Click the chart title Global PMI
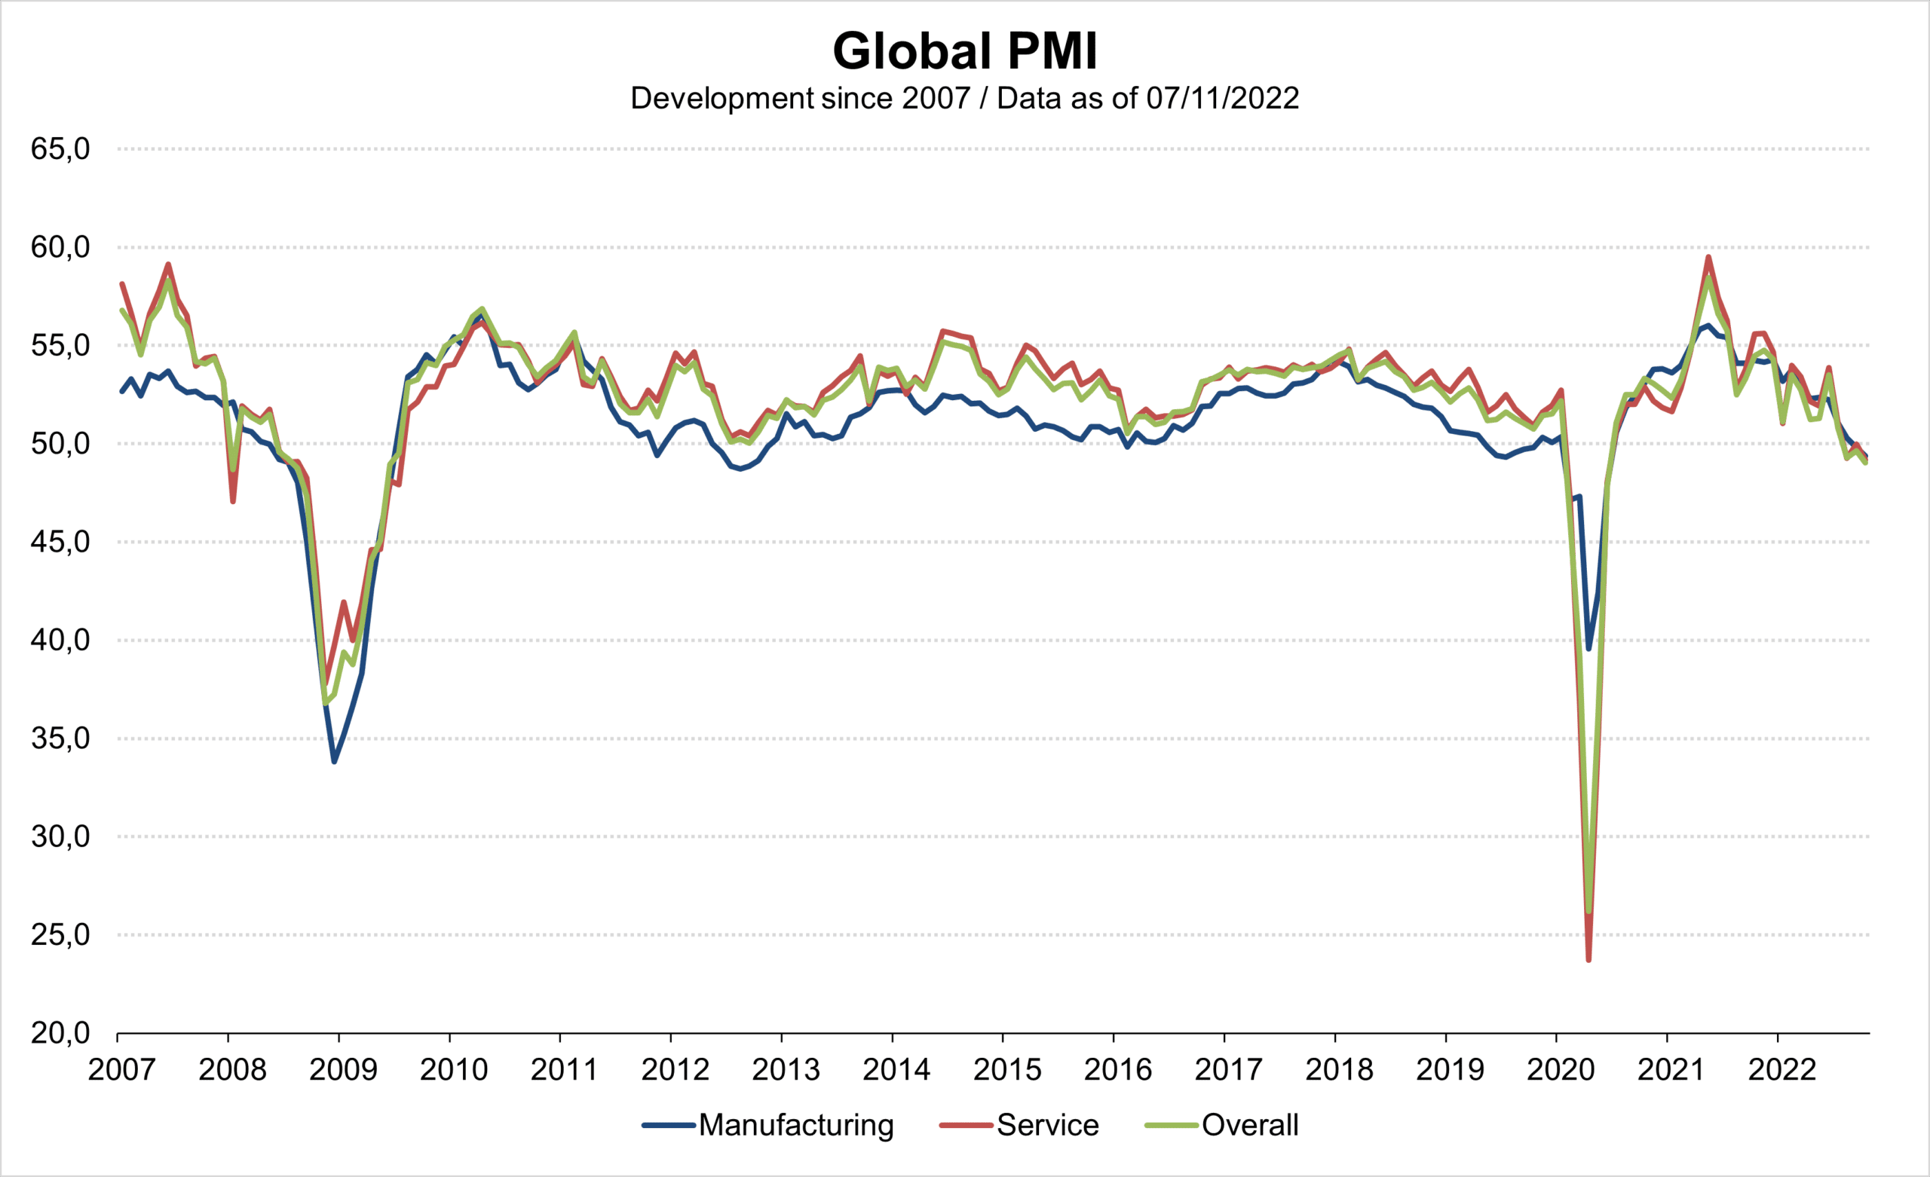(965, 52)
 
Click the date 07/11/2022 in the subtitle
(1222, 99)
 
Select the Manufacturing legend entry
(795, 1125)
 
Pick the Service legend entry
(1047, 1125)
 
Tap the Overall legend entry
(1250, 1125)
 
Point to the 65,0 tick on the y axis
(60, 148)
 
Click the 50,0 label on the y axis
(60, 444)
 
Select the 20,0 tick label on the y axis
(60, 1034)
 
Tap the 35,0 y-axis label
(60, 738)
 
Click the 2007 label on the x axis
(121, 1070)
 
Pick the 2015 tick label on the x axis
(1007, 1070)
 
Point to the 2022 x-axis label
(1782, 1070)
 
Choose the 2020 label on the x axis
(1561, 1070)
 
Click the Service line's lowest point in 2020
(1588, 960)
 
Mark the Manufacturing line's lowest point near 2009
(335, 761)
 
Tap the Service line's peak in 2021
(1708, 257)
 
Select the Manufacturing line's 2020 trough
(1588, 649)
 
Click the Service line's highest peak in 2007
(168, 264)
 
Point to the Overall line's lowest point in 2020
(1588, 912)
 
